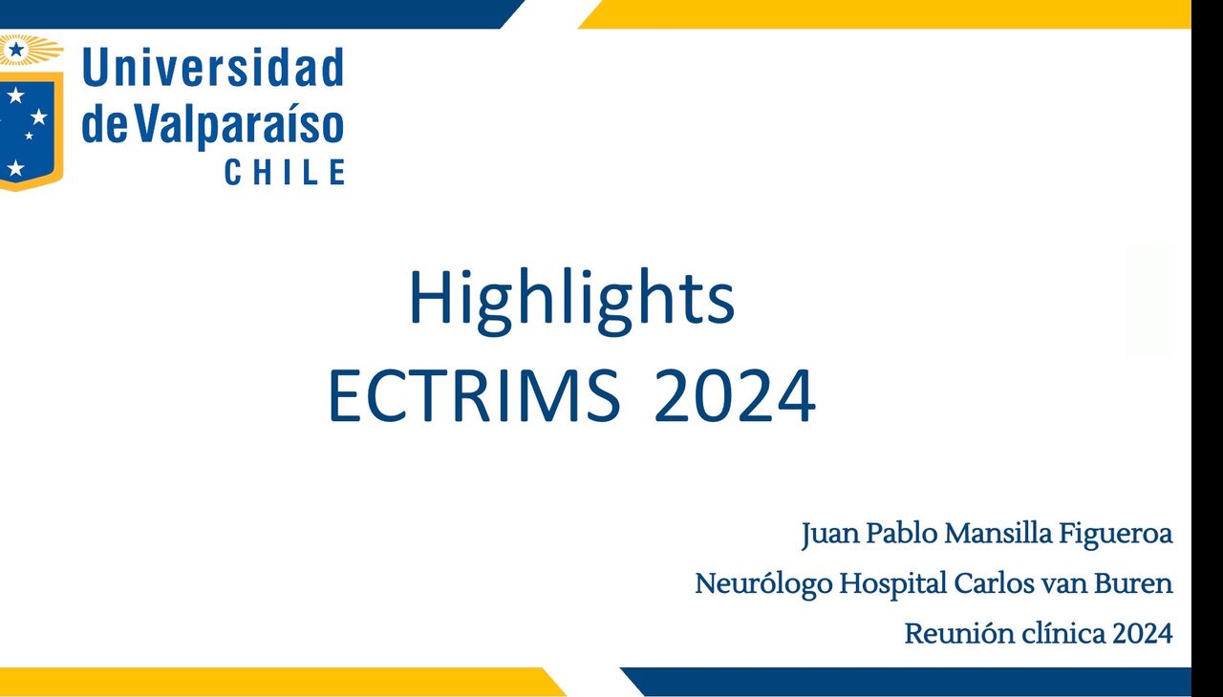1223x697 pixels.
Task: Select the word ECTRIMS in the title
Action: [x=474, y=395]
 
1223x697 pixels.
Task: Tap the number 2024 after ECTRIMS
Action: [x=735, y=395]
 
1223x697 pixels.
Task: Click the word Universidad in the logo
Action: [x=213, y=67]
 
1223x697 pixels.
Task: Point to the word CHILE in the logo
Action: [x=285, y=172]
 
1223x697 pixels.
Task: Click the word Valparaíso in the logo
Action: [x=239, y=124]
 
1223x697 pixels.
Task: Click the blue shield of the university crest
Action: [x=28, y=131]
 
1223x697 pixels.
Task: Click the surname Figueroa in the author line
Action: [x=1115, y=535]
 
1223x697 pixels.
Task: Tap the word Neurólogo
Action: [x=763, y=584]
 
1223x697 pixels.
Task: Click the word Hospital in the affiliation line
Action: [x=893, y=584]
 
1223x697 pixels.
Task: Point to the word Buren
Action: [x=1133, y=583]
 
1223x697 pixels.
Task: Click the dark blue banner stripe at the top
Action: [x=257, y=14]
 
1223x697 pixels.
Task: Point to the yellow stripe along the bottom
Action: [x=278, y=682]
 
